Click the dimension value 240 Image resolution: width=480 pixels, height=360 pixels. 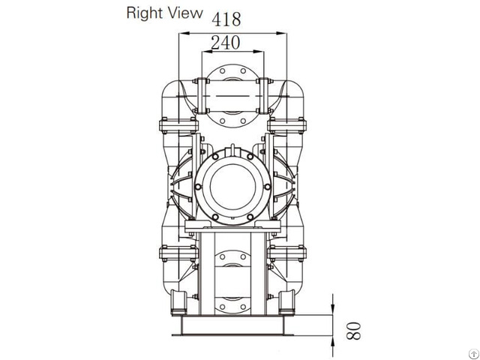point(225,43)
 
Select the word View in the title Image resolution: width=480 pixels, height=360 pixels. point(186,12)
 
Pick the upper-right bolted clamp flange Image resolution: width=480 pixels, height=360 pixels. point(290,123)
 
